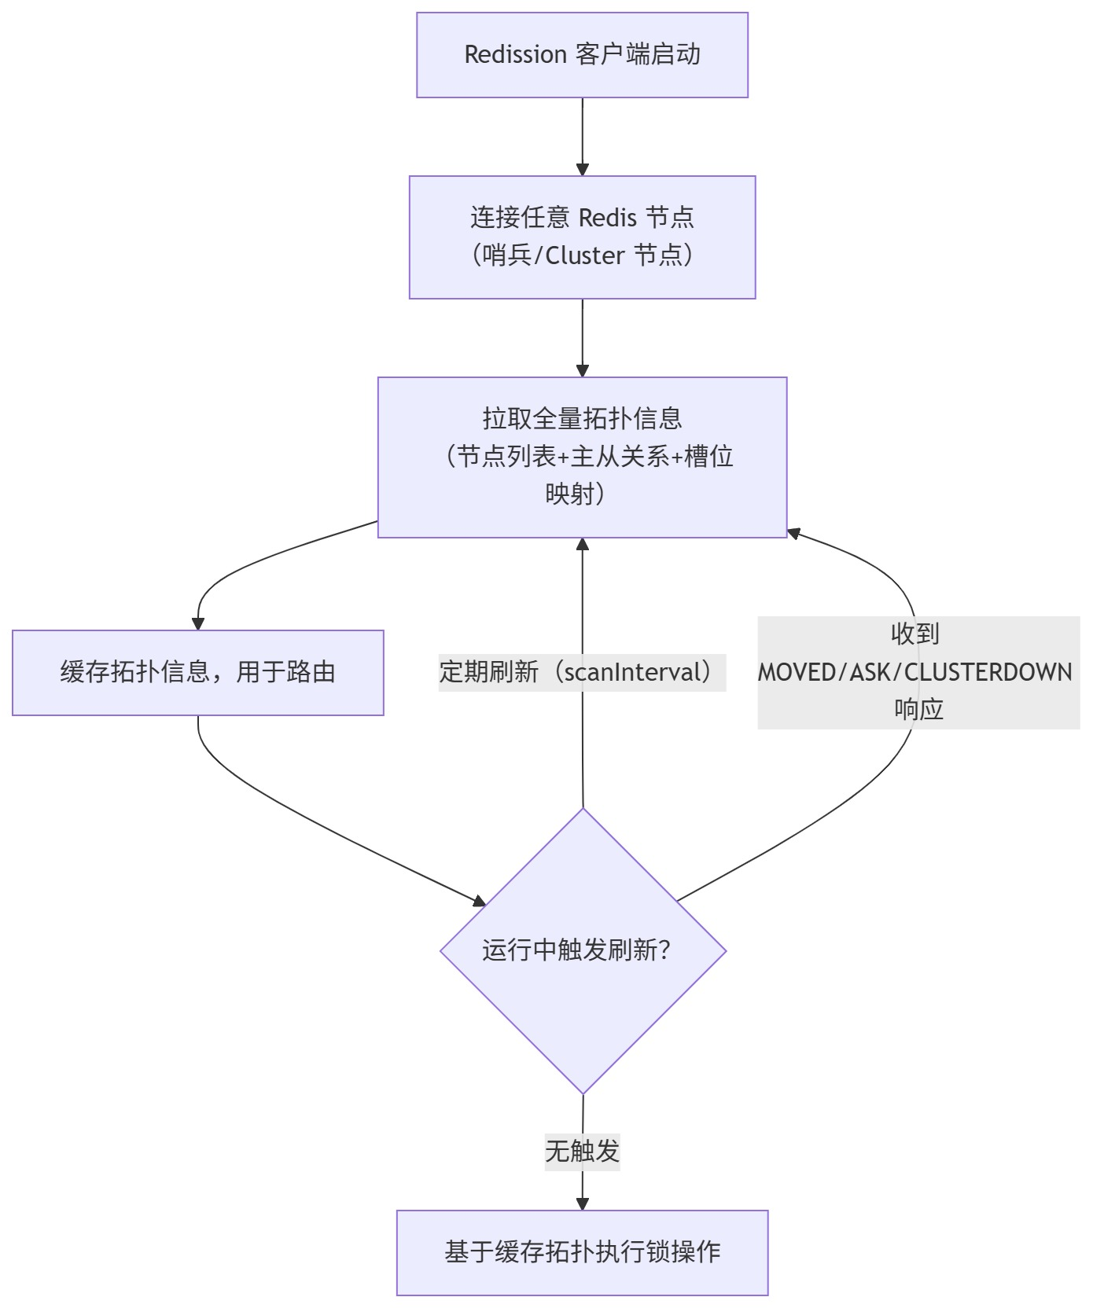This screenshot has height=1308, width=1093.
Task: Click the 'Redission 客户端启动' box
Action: coord(582,55)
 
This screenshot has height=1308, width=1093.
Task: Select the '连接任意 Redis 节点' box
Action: coord(582,237)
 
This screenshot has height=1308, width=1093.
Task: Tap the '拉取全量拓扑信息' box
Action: coord(582,457)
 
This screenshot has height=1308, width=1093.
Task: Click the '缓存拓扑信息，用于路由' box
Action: coord(197,672)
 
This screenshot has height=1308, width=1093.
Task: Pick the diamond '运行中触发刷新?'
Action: coord(583,950)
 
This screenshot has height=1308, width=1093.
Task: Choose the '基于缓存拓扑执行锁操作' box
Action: coord(582,1252)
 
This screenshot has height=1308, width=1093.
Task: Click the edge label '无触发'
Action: coord(582,1152)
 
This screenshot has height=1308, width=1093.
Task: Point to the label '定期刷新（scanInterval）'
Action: coord(582,672)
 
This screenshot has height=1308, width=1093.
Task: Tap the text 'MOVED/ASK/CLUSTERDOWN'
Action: coord(915,672)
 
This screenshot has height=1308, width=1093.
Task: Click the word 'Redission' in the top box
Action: coord(515,55)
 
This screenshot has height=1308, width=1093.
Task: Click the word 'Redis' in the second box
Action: coord(608,218)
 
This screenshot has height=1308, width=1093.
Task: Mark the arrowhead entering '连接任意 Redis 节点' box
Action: coord(582,169)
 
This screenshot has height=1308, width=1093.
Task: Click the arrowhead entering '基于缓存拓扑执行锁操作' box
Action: coord(582,1203)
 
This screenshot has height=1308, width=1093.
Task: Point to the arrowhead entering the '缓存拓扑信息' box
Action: coord(198,623)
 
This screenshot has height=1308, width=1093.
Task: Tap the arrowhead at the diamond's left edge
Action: coord(479,902)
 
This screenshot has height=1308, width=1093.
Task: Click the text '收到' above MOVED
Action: coord(915,634)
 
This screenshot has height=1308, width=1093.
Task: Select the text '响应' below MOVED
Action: coord(918,709)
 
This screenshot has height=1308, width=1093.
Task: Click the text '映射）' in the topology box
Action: coord(575,494)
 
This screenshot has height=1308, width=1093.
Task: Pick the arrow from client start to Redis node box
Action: coord(582,134)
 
